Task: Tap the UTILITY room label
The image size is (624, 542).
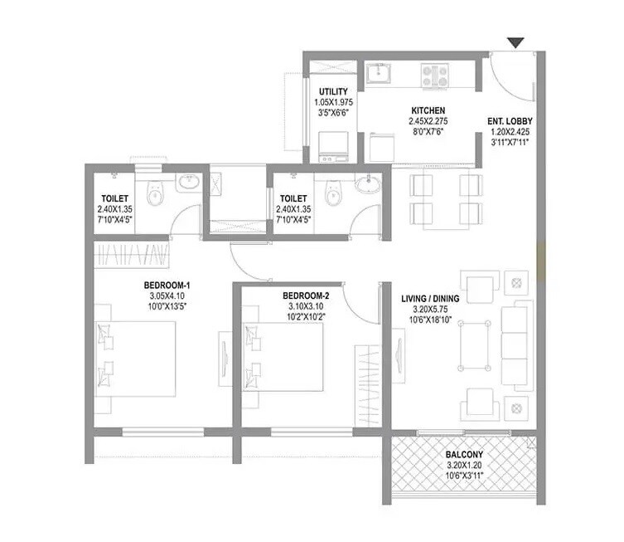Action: (332, 92)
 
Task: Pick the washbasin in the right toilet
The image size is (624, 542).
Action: (367, 186)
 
